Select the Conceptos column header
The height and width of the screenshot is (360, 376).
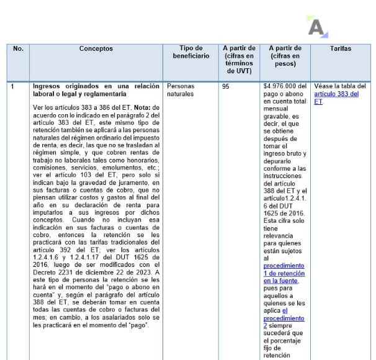click(x=96, y=48)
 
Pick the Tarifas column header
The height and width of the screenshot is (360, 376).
click(x=341, y=48)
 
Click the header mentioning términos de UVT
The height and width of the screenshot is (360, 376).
click(x=238, y=60)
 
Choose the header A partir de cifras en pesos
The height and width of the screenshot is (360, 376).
click(x=285, y=56)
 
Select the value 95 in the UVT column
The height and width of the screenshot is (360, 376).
click(x=225, y=87)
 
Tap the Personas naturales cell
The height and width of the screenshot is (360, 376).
click(x=181, y=90)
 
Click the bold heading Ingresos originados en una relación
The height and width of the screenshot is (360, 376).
click(x=96, y=86)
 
